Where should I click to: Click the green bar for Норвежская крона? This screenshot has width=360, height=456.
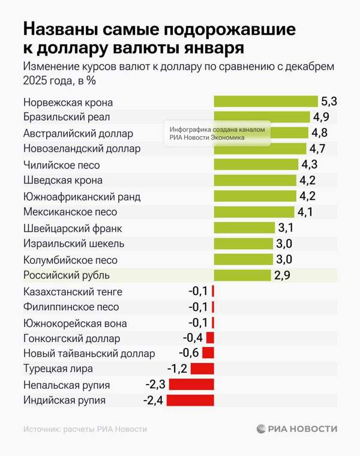coord(266,101)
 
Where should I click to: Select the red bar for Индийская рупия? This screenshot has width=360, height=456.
coord(190,400)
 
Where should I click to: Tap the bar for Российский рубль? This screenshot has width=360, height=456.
coord(242,275)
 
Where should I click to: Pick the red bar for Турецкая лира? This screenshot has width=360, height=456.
coord(202,368)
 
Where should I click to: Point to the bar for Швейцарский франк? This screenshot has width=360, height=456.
coord(244,228)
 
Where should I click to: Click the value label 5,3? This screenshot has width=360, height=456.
coord(329,101)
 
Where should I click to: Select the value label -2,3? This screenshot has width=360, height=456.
coord(155,385)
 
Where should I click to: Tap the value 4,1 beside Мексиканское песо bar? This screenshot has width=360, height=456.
coord(305,212)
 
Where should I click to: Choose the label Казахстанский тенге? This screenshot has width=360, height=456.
coord(73,292)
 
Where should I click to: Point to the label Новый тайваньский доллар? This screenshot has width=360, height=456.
coord(89,353)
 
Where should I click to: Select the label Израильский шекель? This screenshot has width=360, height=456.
coord(74,244)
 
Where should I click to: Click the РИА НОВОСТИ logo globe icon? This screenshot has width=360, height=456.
coord(261,429)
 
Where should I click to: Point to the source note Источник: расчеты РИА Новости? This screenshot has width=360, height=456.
coord(85,429)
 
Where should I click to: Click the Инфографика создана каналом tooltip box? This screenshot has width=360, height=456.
coord(217,133)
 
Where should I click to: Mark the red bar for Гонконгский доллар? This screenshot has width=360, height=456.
coord(210,338)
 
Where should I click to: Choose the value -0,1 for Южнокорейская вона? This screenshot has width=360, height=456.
coord(198,323)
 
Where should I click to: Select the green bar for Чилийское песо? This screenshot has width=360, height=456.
coord(256,164)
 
